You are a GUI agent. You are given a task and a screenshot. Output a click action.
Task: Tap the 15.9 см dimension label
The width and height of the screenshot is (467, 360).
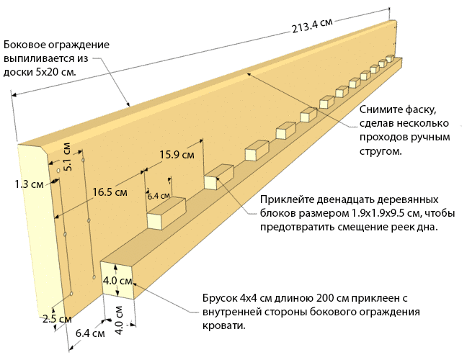click(177, 154)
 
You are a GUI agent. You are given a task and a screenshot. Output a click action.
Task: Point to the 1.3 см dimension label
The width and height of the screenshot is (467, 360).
click(28, 184)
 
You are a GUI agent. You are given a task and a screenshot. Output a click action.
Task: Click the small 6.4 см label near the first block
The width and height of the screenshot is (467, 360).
click(159, 196)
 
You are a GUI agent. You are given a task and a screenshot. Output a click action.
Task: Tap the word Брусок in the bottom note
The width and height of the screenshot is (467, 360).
click(224, 297)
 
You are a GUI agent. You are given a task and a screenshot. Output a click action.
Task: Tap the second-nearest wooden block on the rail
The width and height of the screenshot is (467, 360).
click(218, 177)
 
